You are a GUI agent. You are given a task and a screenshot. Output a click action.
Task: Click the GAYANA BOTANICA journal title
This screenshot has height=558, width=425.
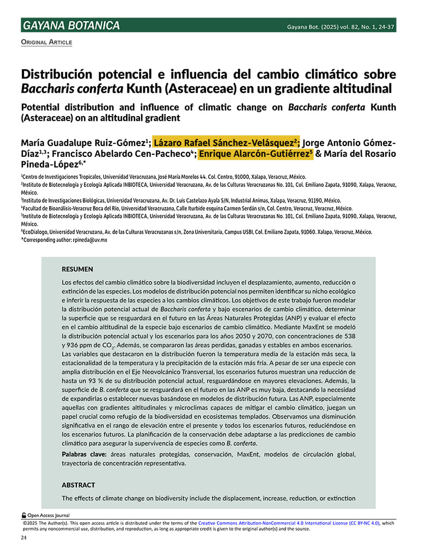(71, 26)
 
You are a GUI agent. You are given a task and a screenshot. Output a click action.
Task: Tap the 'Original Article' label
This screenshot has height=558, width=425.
(46, 43)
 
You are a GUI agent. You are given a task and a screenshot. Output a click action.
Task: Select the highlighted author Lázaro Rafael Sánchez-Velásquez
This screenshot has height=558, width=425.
(226, 143)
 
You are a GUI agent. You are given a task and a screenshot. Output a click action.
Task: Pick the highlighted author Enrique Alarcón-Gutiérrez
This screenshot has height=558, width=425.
(256, 154)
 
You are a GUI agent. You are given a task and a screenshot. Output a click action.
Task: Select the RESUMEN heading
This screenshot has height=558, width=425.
(77, 269)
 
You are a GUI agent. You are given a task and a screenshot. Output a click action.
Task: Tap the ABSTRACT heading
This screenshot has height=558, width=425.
(78, 484)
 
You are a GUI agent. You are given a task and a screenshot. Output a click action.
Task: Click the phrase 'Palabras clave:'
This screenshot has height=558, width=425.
(84, 454)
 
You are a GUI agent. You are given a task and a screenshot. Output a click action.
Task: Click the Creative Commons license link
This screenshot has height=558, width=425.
(288, 523)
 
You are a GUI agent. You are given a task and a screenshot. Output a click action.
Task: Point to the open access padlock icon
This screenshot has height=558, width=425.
(24, 515)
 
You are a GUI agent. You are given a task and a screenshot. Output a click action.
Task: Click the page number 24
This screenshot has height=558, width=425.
(24, 538)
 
